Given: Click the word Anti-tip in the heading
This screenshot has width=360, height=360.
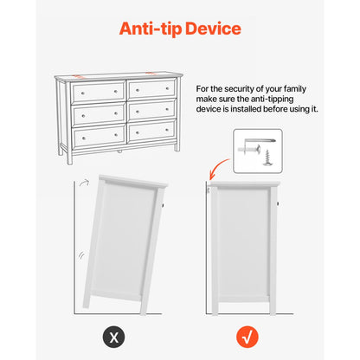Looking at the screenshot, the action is tap(151, 29).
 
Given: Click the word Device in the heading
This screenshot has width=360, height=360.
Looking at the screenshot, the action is tap(213, 29).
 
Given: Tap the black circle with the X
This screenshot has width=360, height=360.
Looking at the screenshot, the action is tap(114, 337).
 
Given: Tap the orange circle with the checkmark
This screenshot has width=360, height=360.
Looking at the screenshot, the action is tap(247, 337).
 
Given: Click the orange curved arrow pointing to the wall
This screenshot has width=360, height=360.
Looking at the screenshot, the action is tap(218, 167).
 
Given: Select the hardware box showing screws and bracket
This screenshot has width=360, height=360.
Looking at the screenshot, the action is tap(258, 151).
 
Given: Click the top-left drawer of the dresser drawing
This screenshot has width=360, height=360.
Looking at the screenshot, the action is tap(99, 93).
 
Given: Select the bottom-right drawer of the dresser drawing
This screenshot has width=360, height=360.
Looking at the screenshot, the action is tap(151, 132).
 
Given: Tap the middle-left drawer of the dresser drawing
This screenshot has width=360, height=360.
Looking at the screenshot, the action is tap(99, 114).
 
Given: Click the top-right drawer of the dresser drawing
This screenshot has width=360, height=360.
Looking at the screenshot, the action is tap(151, 89).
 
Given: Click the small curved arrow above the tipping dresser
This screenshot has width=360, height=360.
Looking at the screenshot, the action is tap(85, 183).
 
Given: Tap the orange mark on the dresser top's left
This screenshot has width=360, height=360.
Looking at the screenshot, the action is tap(78, 76).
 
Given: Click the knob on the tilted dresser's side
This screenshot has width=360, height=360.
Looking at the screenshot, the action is tap(163, 206).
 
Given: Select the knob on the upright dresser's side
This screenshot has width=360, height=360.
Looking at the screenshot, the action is tap(278, 203).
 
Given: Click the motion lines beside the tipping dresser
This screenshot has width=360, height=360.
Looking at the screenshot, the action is tap(81, 255).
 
